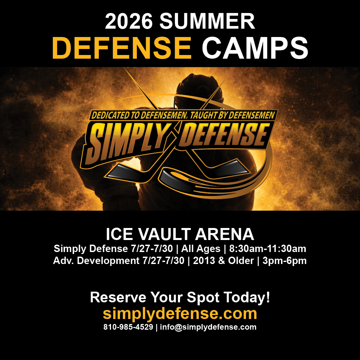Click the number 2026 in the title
129,21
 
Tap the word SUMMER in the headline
207,21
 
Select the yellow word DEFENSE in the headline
122,48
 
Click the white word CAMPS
255,48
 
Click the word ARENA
225,234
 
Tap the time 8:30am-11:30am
268,249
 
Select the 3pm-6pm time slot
285,261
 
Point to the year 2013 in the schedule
204,261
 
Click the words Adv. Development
96,261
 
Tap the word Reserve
118,297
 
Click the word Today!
247,297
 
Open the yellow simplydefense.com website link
180,314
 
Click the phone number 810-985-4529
128,327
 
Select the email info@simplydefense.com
208,327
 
